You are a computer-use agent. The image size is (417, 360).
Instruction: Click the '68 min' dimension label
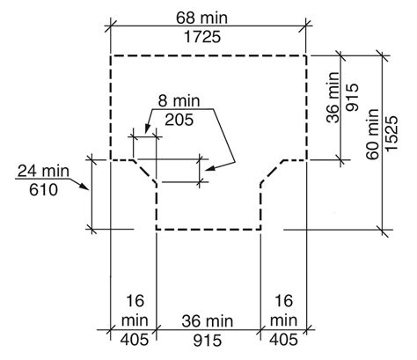(x=201, y=18)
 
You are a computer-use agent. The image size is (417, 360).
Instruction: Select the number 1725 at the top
(x=202, y=37)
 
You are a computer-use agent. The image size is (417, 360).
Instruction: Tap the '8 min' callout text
(x=179, y=101)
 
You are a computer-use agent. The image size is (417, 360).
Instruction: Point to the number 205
(x=179, y=120)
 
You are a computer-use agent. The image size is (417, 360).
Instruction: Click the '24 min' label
(x=43, y=171)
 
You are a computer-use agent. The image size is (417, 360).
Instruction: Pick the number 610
(x=43, y=190)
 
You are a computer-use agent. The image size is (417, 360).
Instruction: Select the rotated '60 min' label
(x=373, y=134)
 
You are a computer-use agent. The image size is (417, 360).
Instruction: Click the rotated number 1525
(x=391, y=134)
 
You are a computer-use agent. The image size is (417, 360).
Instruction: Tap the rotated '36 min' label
(x=333, y=97)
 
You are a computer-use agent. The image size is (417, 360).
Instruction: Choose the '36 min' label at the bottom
(x=207, y=321)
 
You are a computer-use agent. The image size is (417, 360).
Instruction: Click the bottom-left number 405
(x=135, y=340)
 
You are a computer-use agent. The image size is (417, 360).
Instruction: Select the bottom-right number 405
(x=283, y=340)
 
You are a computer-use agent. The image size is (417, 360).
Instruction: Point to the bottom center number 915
(x=208, y=341)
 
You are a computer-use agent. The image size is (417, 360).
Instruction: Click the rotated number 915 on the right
(x=352, y=97)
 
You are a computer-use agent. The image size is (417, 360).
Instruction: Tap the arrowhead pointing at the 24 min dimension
(x=84, y=186)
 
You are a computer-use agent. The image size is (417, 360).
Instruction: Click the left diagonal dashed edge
(x=144, y=172)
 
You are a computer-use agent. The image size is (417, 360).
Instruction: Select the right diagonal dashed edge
(x=273, y=172)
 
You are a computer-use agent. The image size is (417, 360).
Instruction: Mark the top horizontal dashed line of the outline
(x=208, y=55)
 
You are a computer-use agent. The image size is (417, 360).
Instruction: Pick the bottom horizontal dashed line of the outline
(x=208, y=229)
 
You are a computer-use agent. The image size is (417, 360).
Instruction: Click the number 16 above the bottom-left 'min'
(x=135, y=301)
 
